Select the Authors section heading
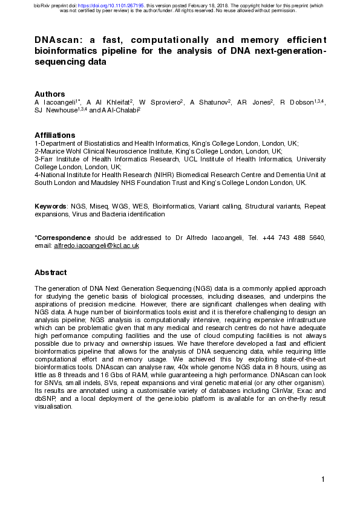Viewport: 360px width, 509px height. coord(50,94)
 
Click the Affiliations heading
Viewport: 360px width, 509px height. coord(54,135)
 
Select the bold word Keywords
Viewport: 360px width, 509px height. coord(51,206)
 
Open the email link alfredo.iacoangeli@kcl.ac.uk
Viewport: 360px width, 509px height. coord(97,245)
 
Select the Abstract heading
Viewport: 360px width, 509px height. coord(51,272)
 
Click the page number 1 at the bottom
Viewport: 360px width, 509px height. coord(324,479)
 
